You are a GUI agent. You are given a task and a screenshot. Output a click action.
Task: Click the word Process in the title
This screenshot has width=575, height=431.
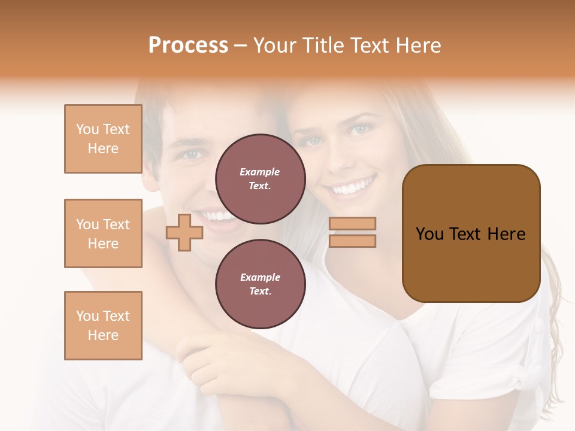[x=188, y=45]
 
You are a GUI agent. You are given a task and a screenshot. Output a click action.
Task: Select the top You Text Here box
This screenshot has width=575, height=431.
[x=103, y=139]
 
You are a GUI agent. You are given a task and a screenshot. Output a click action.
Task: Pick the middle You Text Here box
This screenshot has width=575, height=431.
[x=103, y=233]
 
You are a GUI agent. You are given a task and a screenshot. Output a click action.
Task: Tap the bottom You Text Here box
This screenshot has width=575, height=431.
[x=103, y=326]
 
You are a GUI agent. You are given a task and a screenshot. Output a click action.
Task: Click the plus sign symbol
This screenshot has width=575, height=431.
[x=184, y=232]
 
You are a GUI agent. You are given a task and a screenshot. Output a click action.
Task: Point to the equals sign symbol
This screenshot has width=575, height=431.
[x=353, y=232]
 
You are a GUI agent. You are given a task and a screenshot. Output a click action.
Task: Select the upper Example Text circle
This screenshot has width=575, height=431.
[x=260, y=179]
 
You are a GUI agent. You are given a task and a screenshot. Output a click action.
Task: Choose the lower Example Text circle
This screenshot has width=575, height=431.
[x=260, y=284]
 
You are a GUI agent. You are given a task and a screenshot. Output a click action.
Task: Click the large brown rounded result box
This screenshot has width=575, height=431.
[x=471, y=233]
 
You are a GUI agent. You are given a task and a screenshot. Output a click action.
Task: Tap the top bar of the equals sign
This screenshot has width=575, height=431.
[x=353, y=224]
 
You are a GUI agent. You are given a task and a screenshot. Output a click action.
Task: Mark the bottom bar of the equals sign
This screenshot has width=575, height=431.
[x=353, y=241]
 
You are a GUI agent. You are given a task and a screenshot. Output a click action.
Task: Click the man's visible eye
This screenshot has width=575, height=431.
[x=191, y=154]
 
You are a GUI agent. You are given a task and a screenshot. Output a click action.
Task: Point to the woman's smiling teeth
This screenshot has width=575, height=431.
[x=353, y=187]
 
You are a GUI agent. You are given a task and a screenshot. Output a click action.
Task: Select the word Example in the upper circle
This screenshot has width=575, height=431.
[x=260, y=172]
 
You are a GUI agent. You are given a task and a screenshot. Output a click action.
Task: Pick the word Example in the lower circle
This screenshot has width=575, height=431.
[x=260, y=277]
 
